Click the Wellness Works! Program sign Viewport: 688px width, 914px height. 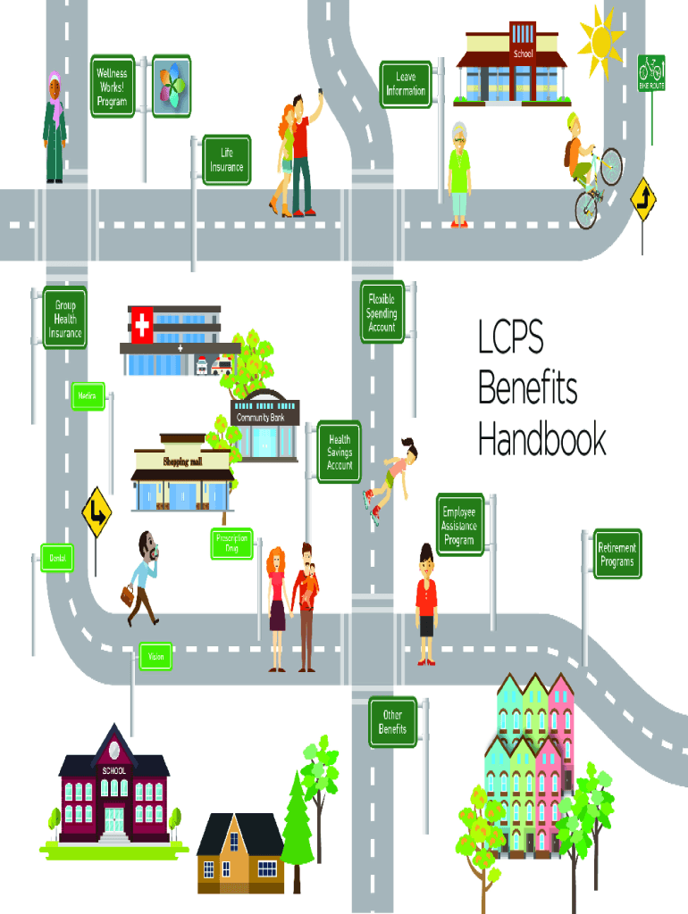pos(113,86)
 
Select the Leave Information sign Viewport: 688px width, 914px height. pos(406,84)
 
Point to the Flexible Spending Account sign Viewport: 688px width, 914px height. pos(382,313)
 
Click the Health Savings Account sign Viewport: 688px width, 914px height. pos(340,453)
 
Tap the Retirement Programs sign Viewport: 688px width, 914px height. pos(618,554)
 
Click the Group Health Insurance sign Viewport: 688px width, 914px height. pos(65,320)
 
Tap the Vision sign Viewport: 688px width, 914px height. pos(155,657)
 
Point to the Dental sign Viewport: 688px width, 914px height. pos(56,558)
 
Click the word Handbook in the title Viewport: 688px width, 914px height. pos(541,441)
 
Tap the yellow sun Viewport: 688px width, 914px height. pos(600,39)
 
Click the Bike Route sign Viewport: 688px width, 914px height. pos(651,73)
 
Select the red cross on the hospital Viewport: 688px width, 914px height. pos(141,326)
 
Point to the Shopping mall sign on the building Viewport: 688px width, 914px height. pos(183,461)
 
